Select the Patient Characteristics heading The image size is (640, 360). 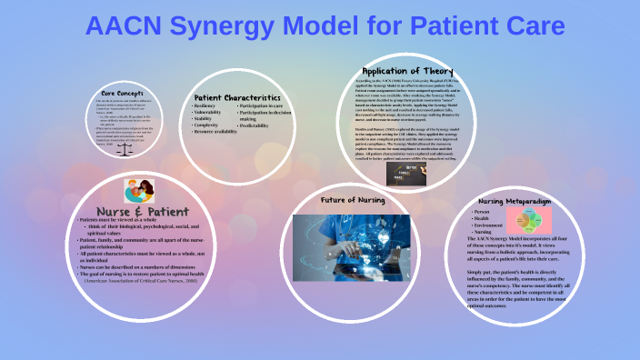(x=237, y=97)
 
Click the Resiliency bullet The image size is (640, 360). (x=205, y=106)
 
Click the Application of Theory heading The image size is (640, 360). (x=407, y=71)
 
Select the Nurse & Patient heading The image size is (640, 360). (x=137, y=211)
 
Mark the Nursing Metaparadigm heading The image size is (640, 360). (x=515, y=200)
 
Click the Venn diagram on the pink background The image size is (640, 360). (x=528, y=222)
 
